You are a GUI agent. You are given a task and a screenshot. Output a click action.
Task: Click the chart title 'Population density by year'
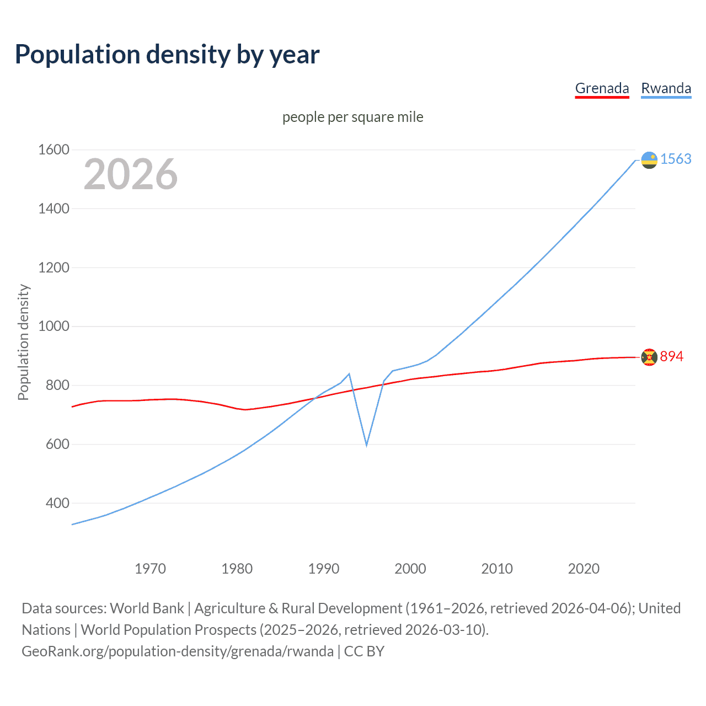tap(167, 55)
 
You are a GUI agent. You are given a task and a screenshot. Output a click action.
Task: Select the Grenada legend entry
tap(602, 88)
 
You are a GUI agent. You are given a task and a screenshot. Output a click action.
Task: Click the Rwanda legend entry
tap(666, 88)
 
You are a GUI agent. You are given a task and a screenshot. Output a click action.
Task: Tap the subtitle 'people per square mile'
tap(352, 117)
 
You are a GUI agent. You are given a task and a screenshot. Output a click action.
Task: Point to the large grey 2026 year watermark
tap(131, 174)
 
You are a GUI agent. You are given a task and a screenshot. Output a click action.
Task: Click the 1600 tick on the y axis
tap(54, 149)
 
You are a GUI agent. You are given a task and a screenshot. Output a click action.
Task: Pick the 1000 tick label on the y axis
tap(54, 326)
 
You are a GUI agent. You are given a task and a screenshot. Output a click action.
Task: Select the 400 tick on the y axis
tap(57, 503)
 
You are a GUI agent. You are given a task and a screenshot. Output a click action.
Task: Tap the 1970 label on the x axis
tap(150, 569)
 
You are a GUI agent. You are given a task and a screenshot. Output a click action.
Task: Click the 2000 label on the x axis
tap(410, 569)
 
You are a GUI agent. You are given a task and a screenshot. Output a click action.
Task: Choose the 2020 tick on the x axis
tap(584, 569)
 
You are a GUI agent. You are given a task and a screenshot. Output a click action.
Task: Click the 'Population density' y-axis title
tap(23, 342)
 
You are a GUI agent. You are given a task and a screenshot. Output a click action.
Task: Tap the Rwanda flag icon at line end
tap(649, 160)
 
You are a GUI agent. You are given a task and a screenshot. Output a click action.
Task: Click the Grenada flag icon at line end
tap(649, 357)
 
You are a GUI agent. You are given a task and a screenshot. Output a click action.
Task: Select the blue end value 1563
tap(676, 159)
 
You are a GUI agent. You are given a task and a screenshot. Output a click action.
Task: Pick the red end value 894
tap(671, 356)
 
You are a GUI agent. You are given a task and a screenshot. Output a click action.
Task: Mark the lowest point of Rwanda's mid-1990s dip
tap(366, 445)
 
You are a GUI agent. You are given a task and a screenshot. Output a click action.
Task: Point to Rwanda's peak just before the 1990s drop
tap(349, 374)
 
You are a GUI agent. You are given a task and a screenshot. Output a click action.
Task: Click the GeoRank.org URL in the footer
tap(178, 651)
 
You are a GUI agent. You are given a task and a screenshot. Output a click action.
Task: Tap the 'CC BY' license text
tap(364, 651)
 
